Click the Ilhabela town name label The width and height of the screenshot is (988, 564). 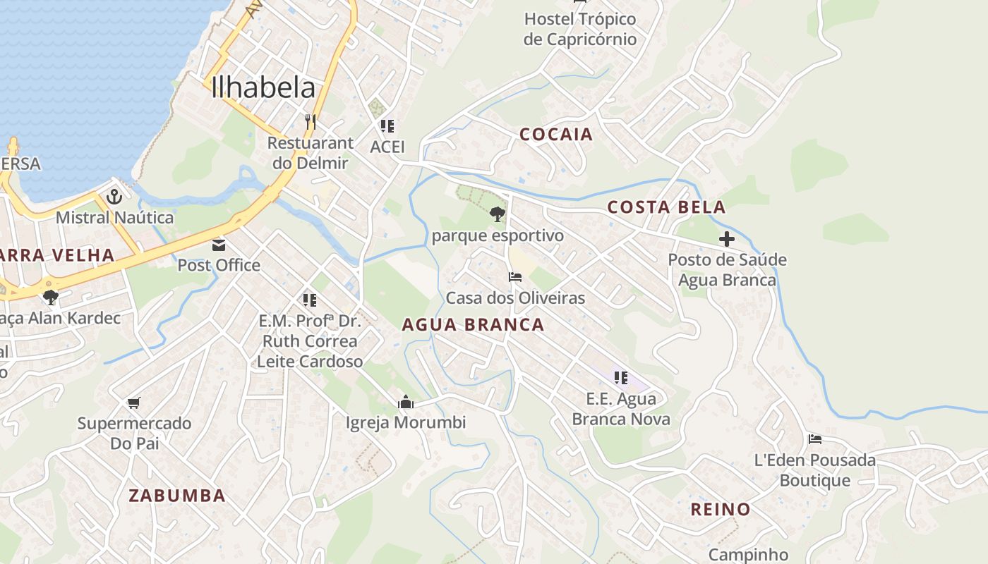263,87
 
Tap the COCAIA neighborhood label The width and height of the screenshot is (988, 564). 556,134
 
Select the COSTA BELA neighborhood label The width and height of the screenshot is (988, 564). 666,207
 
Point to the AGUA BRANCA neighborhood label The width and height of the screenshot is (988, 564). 473,325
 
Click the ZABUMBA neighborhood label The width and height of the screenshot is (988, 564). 177,496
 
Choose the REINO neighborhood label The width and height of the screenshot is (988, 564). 720,509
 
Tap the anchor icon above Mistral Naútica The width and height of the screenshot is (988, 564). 114,197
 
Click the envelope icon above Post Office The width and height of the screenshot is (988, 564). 219,245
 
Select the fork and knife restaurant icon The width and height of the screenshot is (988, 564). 310,121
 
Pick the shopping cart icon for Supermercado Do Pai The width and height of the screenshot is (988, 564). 134,403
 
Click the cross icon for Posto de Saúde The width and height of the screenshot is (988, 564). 727,239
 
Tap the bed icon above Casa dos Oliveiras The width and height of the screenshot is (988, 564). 515,277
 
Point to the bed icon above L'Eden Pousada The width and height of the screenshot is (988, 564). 815,439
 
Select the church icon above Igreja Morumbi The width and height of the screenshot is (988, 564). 406,403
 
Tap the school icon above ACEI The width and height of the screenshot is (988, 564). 387,126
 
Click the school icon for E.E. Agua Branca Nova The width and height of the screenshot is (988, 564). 621,378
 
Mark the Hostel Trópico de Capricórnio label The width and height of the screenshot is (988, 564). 580,29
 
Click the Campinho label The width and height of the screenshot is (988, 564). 748,555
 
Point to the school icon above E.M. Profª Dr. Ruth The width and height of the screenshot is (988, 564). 309,300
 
